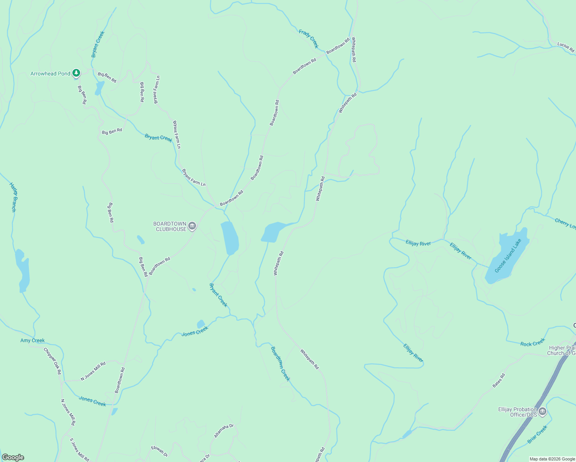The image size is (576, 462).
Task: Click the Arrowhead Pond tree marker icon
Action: (x=76, y=73)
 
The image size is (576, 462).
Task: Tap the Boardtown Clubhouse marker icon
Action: (x=192, y=226)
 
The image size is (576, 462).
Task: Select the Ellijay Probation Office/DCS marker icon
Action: (x=542, y=412)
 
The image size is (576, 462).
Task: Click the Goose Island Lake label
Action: (x=508, y=256)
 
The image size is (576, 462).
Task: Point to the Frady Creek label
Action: (x=309, y=39)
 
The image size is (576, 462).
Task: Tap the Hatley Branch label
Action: (x=13, y=197)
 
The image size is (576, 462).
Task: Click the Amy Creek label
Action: (x=32, y=340)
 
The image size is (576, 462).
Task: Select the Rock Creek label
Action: (x=532, y=342)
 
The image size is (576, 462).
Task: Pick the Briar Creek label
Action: (x=537, y=434)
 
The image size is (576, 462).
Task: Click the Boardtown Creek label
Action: (x=280, y=364)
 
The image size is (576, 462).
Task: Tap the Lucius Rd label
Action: (x=566, y=47)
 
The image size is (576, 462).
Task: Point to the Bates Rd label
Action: (x=499, y=380)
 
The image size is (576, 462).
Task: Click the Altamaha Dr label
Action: (x=224, y=431)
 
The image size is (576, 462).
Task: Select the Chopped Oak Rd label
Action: (x=52, y=361)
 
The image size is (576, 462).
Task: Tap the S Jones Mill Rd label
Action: (x=79, y=450)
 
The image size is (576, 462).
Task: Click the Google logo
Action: (x=13, y=457)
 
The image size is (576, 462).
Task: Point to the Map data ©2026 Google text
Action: (x=552, y=459)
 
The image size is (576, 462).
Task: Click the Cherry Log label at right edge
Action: (x=565, y=224)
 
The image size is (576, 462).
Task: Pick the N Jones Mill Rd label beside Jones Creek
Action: (x=93, y=371)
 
